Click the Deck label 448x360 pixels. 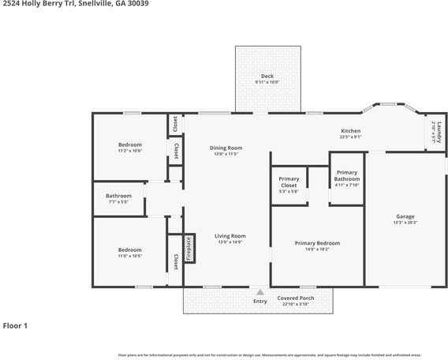pos(267,77)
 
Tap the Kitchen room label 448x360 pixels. pos(350,131)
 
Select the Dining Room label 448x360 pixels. pos(226,148)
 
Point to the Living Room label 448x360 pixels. pos(231,236)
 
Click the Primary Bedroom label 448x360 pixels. pos(318,243)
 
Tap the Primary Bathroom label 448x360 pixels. pos(347,176)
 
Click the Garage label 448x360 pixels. pos(405,216)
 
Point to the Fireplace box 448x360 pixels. pos(189,249)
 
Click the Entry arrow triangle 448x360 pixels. pos(259,292)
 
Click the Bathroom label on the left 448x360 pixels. pos(119,196)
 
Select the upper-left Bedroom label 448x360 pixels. pos(130,144)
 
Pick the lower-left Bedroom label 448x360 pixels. pos(130,250)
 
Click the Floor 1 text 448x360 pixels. pos(15,325)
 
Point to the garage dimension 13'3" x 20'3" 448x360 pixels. pos(405,223)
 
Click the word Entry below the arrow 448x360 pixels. pos(259,301)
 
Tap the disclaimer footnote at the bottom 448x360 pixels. pos(269,355)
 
